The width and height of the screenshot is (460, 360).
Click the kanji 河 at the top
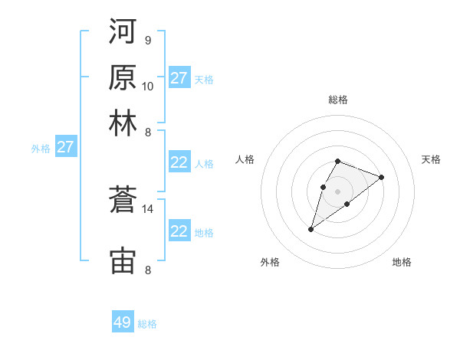[123, 33]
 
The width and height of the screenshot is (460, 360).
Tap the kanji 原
[123, 77]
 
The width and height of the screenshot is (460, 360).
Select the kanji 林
[123, 123]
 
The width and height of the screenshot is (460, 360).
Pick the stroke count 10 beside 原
[148, 86]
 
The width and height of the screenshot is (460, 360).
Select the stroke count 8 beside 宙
[147, 270]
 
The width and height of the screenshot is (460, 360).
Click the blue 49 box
[123, 322]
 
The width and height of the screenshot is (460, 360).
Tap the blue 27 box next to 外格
[65, 147]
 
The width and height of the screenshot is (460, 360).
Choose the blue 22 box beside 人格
[179, 162]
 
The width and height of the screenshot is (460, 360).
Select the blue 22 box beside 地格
[179, 231]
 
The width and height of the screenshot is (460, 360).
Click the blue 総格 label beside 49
[148, 324]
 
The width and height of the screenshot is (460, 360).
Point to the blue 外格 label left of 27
[41, 149]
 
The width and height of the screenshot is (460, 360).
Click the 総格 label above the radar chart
[337, 100]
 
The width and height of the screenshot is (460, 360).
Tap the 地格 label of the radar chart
[402, 262]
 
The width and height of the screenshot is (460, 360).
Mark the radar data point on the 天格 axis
[381, 177]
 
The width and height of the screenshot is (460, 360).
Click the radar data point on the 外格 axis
[311, 228]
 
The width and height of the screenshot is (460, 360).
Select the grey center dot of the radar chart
[337, 191]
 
